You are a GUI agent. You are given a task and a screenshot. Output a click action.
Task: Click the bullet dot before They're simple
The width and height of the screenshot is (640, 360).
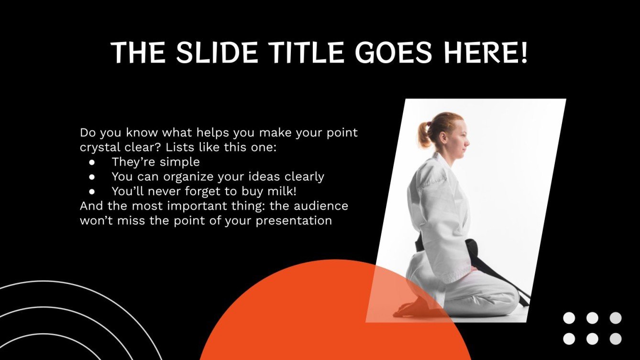point(93,162)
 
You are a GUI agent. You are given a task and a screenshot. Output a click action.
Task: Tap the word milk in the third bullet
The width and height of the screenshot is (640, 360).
point(274,191)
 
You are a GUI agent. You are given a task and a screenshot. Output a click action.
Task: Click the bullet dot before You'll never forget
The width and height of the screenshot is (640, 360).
point(93,191)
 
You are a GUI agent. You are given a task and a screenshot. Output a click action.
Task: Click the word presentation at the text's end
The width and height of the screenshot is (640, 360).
point(295,221)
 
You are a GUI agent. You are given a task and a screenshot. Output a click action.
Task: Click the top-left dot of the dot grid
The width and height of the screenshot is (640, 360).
point(569,318)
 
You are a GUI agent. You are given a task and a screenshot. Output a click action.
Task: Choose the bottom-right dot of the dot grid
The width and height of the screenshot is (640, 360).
point(616,339)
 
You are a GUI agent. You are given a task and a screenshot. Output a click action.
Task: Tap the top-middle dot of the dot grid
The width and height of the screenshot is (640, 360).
point(592,318)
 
